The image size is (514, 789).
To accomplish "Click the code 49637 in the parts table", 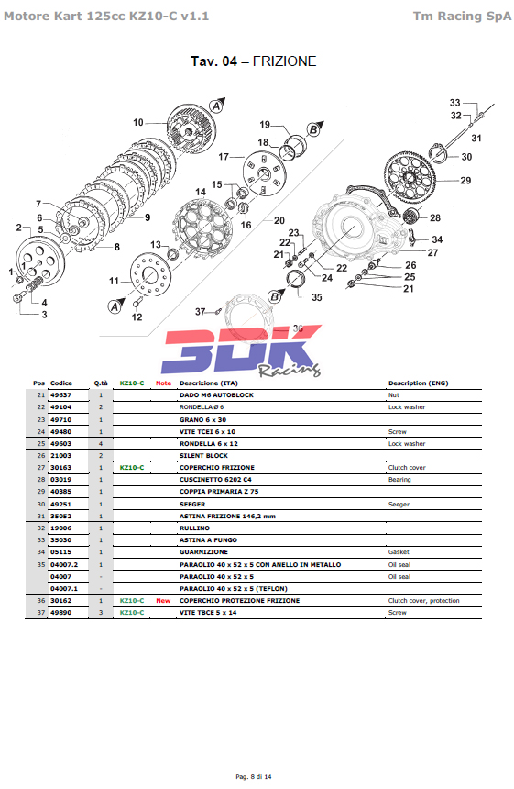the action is click(x=60, y=395).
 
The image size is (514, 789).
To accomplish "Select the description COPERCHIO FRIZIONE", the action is click(x=217, y=468).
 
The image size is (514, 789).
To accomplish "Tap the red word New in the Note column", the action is click(x=163, y=600).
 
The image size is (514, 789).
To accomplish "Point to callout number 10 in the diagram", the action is click(x=138, y=122).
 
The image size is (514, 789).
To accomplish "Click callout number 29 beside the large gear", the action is click(x=465, y=180).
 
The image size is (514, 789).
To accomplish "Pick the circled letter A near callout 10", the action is click(x=216, y=106).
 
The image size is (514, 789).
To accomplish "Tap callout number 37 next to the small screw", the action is click(x=201, y=312).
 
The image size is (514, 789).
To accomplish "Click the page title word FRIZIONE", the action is click(x=284, y=61).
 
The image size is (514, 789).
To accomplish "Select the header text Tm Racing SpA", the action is click(x=463, y=17).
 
